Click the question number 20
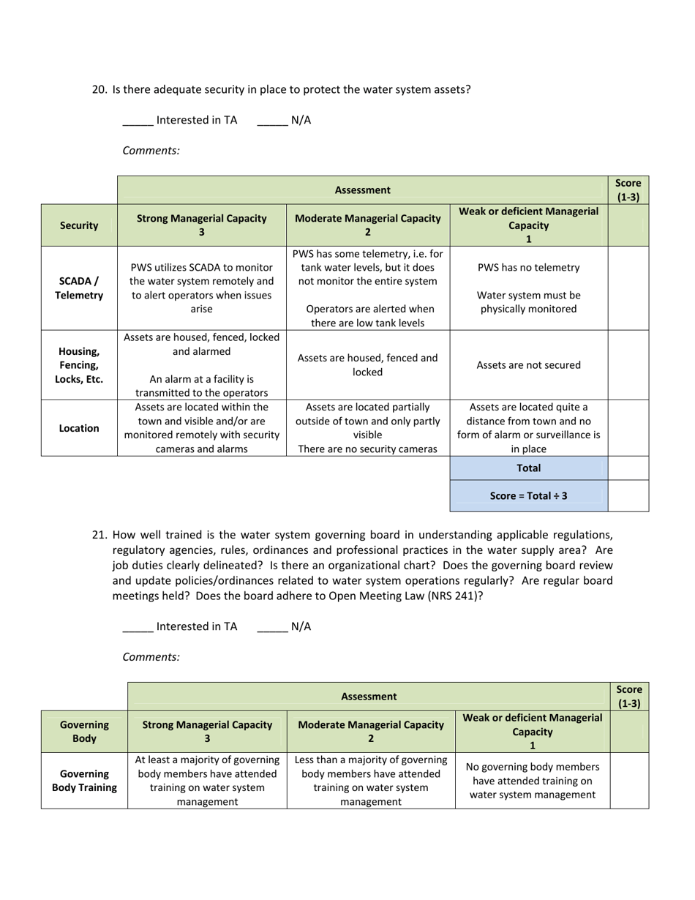(x=99, y=90)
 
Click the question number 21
(x=99, y=535)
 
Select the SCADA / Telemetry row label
(x=79, y=288)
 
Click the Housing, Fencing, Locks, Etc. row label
(x=79, y=365)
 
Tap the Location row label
(x=79, y=428)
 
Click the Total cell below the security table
(x=528, y=468)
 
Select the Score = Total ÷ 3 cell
(x=528, y=495)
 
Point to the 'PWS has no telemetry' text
(x=528, y=268)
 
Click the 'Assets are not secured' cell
(x=528, y=365)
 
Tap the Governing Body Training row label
(x=84, y=781)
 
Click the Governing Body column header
(x=84, y=731)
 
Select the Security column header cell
(x=79, y=225)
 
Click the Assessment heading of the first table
(x=362, y=190)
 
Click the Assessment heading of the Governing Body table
(x=369, y=697)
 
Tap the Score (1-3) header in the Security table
(x=628, y=190)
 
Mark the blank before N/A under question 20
(x=272, y=121)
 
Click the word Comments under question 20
(x=151, y=151)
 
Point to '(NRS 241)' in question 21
(x=458, y=596)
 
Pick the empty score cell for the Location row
(x=628, y=428)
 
